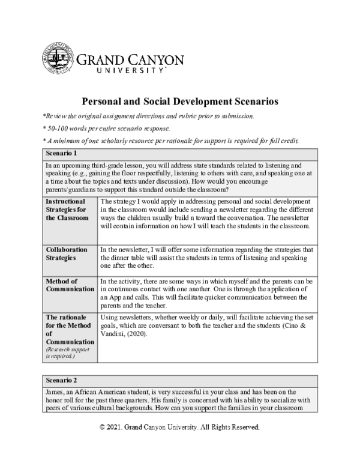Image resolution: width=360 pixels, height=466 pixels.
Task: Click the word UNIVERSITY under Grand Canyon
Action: click(x=130, y=70)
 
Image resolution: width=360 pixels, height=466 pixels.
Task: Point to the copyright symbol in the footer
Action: click(x=103, y=427)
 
